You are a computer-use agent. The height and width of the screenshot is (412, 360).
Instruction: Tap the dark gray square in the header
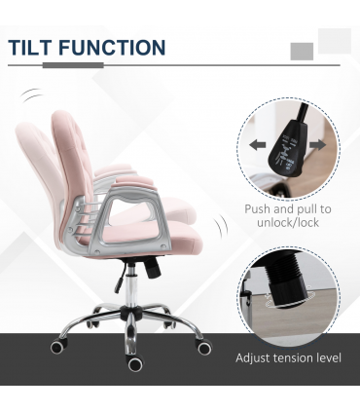point(302,52)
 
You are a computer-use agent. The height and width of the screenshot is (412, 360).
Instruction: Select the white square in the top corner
point(334,41)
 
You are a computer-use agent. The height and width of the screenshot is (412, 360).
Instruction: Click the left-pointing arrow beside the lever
point(256,145)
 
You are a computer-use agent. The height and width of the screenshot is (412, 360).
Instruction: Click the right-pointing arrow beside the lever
point(317,145)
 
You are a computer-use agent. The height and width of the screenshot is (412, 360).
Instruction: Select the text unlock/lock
point(287,224)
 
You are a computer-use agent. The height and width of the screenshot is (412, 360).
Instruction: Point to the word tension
point(298,358)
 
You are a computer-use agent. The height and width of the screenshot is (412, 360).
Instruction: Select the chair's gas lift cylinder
point(125,281)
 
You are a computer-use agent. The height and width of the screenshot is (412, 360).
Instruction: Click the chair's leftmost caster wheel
point(57,346)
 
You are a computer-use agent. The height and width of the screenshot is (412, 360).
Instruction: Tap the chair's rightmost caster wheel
point(204,347)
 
